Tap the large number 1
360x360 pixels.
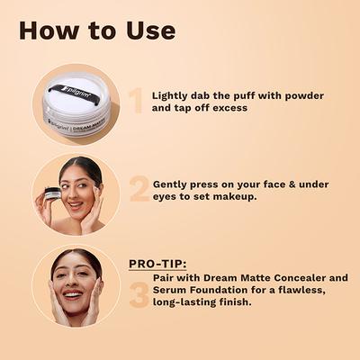[x=135, y=101]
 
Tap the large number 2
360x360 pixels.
[x=139, y=188]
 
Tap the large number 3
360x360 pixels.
[x=139, y=294]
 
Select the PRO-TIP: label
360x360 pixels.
[x=158, y=264]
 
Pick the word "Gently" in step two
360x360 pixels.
[x=172, y=183]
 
